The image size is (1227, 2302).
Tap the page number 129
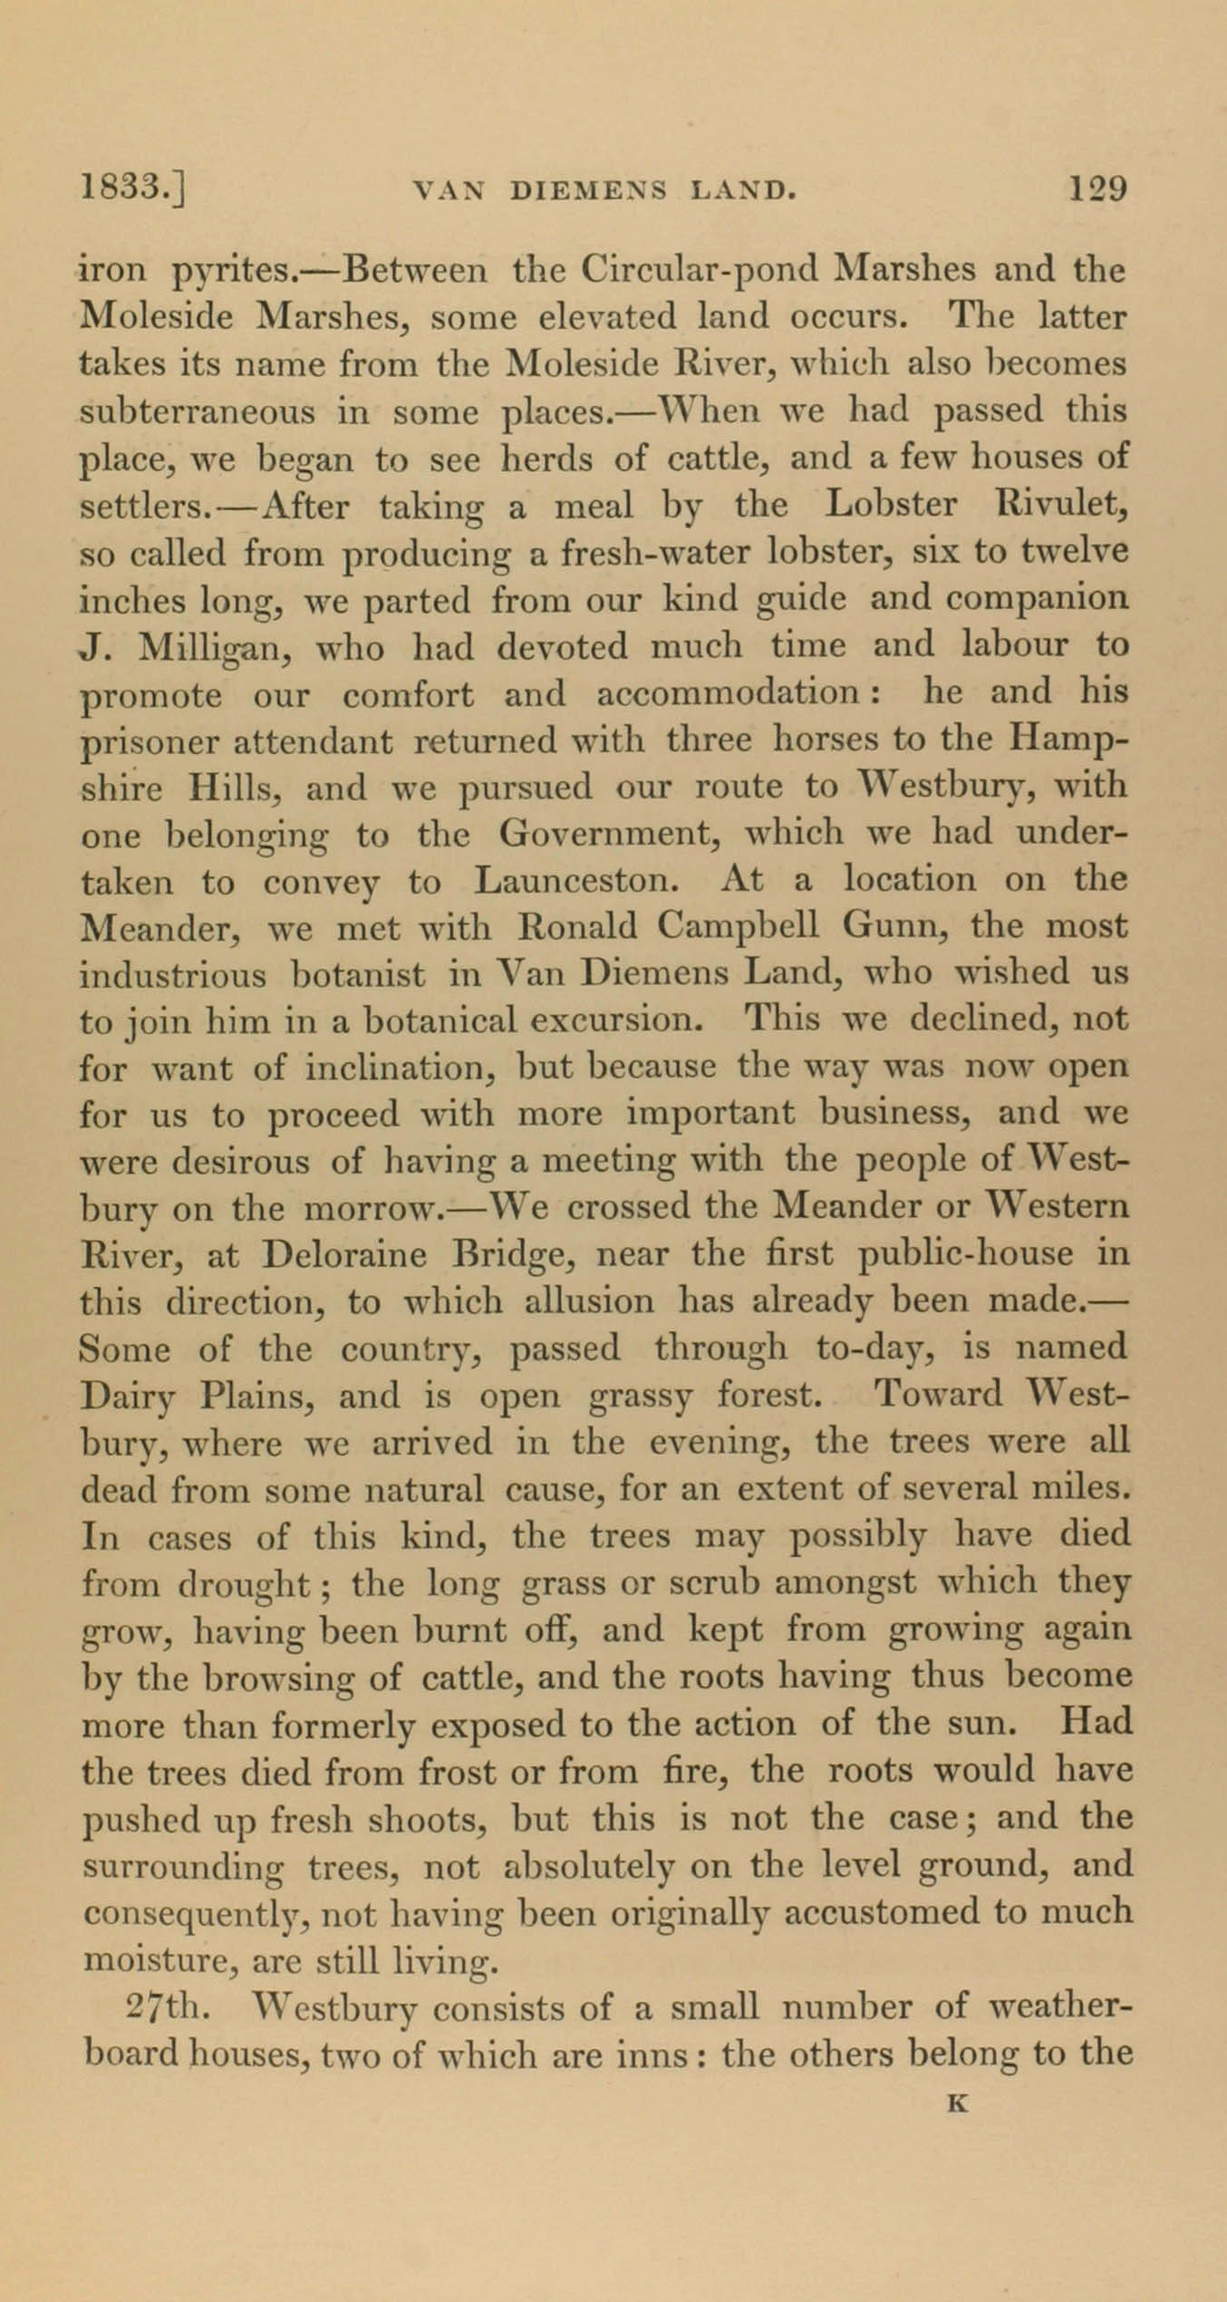(1097, 189)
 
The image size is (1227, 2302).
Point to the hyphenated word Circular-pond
(698, 270)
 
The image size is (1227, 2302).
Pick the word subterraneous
(198, 413)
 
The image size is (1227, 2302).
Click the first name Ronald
(578, 927)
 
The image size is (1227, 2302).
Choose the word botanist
(358, 975)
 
